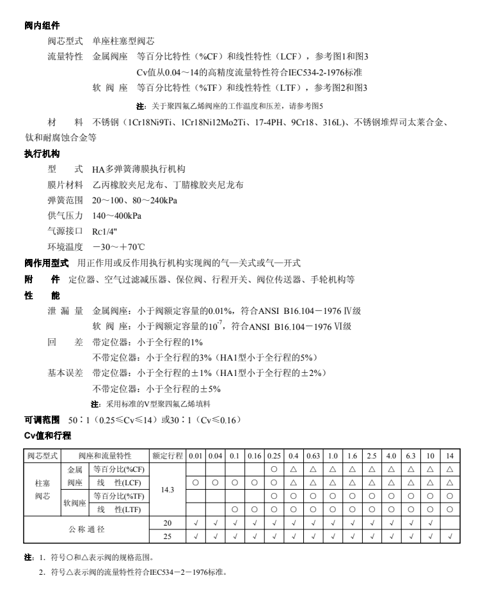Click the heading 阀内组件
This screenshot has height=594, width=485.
click(x=42, y=26)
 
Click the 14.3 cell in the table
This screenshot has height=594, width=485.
click(x=167, y=489)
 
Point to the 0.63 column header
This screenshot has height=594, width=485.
click(x=314, y=455)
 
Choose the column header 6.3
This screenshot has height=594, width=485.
click(x=410, y=455)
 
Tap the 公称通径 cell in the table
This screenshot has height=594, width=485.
click(x=87, y=529)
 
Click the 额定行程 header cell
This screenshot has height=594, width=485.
click(x=168, y=455)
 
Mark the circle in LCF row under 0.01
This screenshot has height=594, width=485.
click(x=196, y=482)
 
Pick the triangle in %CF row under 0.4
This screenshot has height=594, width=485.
click(x=294, y=469)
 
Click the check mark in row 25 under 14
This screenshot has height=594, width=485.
click(x=450, y=536)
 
